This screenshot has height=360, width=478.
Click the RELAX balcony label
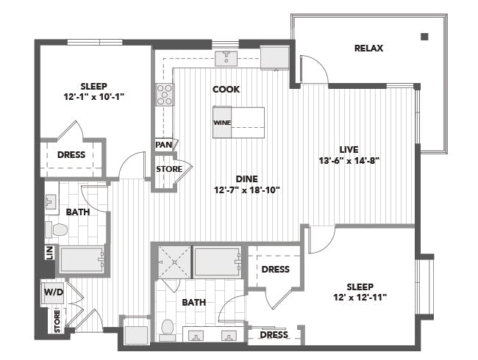[x=369, y=48]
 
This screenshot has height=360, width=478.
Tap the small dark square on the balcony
[x=424, y=36]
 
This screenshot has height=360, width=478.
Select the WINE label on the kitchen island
[x=221, y=123]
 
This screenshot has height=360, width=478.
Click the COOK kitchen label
[x=226, y=90]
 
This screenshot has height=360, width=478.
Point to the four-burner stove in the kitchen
[x=165, y=95]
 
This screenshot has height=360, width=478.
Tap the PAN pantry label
[x=163, y=145]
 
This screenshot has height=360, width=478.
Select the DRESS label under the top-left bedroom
[x=71, y=155]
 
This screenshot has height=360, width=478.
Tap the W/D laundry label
[x=53, y=292]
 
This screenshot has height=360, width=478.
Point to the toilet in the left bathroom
[x=58, y=230]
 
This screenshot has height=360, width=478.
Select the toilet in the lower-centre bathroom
[x=167, y=328]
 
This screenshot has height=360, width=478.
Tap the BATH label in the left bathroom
[x=78, y=212]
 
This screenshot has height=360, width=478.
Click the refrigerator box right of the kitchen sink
[x=274, y=57]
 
